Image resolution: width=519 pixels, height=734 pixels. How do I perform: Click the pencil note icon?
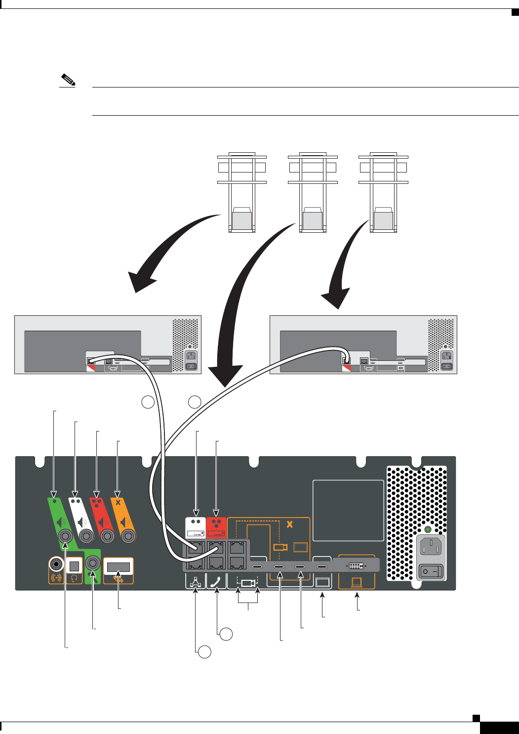(x=67, y=80)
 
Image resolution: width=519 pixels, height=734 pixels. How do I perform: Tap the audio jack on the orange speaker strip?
(x=128, y=535)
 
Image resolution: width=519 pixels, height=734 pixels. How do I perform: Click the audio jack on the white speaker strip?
(x=86, y=535)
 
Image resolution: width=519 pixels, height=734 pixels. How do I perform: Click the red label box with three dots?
(x=216, y=527)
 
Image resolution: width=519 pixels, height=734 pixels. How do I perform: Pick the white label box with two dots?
(x=196, y=527)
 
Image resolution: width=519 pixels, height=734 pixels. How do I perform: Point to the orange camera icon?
(x=280, y=547)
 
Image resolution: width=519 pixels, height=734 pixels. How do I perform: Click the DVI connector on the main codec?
(x=356, y=565)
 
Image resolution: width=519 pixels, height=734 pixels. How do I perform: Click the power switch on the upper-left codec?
(x=191, y=366)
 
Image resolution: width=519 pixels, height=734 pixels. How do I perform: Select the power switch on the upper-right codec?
(x=446, y=366)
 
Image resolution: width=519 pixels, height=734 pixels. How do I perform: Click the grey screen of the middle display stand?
(x=313, y=220)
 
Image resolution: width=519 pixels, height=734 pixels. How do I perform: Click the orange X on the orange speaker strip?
(x=118, y=502)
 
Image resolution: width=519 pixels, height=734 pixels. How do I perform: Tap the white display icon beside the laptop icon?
(x=322, y=582)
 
